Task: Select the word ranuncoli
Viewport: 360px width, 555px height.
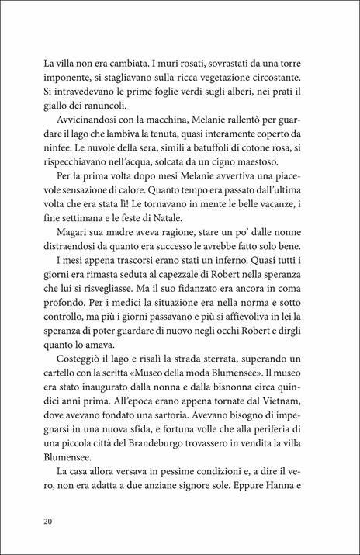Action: [102, 106]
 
